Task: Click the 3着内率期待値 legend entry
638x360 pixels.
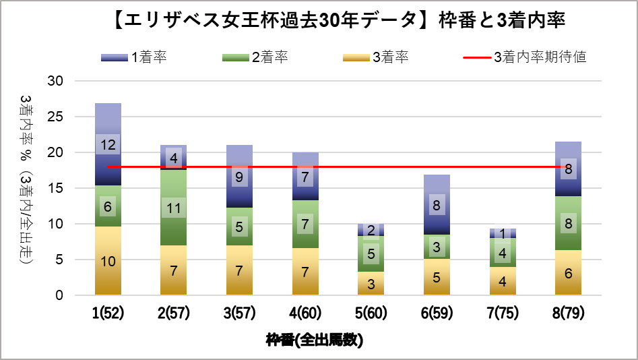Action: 525,57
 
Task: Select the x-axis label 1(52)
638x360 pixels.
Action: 108,313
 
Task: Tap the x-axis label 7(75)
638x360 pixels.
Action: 503,313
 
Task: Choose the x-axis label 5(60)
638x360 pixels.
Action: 371,313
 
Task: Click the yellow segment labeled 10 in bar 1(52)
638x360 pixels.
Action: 108,261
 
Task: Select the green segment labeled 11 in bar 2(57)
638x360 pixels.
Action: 173,208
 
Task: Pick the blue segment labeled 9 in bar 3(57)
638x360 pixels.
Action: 239,176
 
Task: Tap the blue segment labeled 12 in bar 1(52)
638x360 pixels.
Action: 108,144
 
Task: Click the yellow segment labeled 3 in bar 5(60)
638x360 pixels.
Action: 371,283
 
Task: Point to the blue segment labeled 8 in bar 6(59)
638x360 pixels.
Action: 437,204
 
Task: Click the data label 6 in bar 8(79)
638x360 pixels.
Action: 569,273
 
